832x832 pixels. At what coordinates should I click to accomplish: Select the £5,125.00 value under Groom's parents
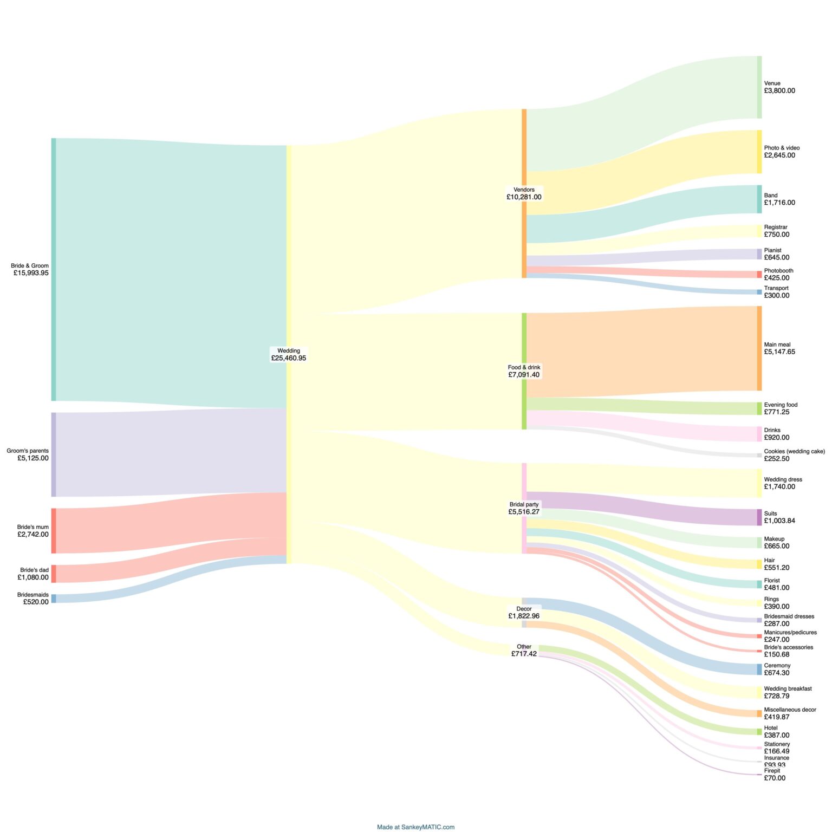(x=33, y=458)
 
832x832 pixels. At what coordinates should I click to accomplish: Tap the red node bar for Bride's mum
(x=54, y=530)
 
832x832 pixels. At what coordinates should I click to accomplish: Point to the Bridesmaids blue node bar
(x=54, y=599)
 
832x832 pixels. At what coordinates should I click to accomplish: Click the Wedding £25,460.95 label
(x=289, y=355)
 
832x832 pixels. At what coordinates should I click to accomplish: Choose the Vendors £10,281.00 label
(x=524, y=193)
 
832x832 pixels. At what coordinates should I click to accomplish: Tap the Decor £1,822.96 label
(x=524, y=613)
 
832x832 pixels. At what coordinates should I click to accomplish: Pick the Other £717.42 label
(x=524, y=651)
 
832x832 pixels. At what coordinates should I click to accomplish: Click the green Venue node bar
(x=759, y=87)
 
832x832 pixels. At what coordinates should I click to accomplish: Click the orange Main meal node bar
(x=759, y=348)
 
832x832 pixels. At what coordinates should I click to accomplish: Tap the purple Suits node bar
(x=759, y=517)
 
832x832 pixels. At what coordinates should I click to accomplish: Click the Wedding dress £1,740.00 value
(x=779, y=487)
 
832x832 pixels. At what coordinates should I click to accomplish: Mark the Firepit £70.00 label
(x=774, y=775)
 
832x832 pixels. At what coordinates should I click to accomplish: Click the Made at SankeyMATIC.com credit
(x=415, y=827)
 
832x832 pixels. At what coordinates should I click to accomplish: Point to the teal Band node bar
(x=759, y=199)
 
